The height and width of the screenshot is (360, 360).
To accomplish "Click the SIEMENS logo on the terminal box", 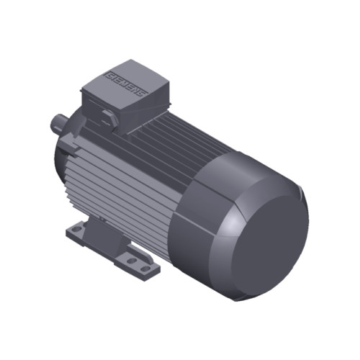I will tap(127, 84).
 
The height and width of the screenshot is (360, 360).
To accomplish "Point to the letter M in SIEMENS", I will tap(128, 85).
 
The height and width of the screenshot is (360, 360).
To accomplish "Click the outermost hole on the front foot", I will tap(147, 270).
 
